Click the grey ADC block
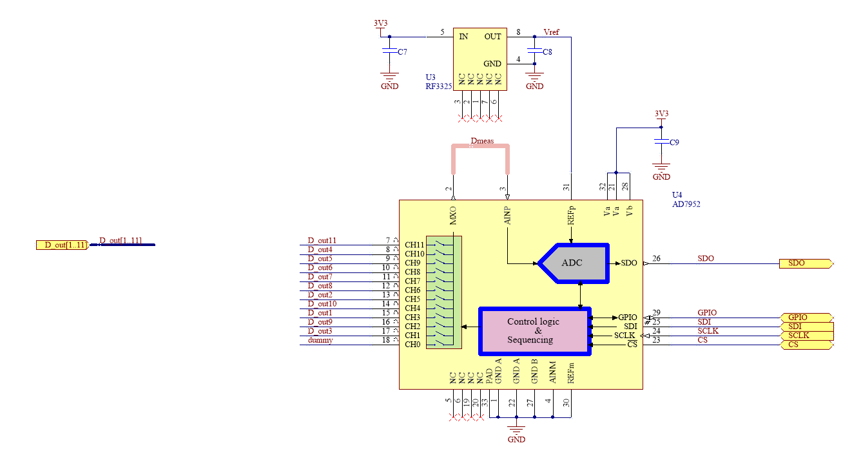574,263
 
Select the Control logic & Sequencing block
534,331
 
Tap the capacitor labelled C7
389,51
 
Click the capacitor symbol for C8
534,51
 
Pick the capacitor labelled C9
661,142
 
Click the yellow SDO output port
806,263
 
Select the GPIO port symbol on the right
807,318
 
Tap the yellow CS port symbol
807,345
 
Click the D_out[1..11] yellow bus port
63,245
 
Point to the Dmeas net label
482,141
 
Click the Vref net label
551,32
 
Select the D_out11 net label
322,240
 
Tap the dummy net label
320,340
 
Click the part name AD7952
686,204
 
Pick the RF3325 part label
438,86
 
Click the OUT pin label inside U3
492,37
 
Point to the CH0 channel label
412,345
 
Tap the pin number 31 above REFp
566,187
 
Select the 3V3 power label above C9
661,114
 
